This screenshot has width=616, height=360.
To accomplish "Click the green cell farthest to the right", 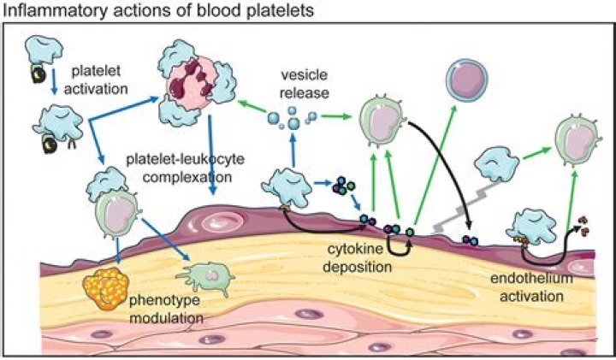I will click(x=574, y=136).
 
